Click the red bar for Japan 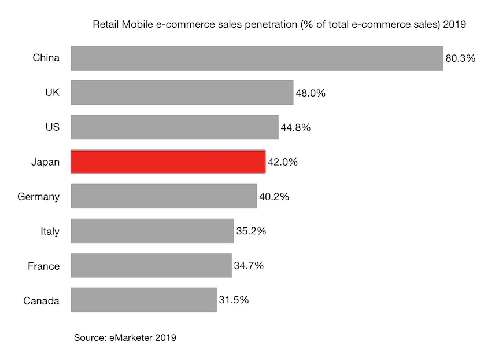(x=168, y=161)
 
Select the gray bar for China (x=257, y=58)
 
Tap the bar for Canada (x=143, y=300)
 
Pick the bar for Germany (x=164, y=196)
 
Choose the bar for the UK (x=182, y=93)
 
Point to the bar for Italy (x=152, y=231)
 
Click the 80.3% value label (x=460, y=58)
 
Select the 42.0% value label (x=282, y=162)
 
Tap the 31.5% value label (x=234, y=300)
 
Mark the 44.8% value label (x=295, y=127)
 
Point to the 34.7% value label (x=249, y=266)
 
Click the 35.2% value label (x=251, y=231)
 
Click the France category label (x=43, y=266)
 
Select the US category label (x=52, y=127)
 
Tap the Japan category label (x=45, y=162)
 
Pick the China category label (x=46, y=58)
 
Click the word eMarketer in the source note (x=131, y=337)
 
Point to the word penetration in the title (x=271, y=25)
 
